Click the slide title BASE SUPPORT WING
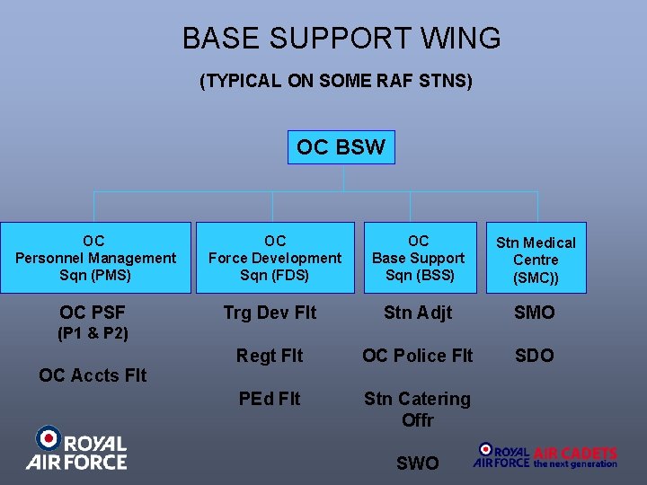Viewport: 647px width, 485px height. tap(341, 39)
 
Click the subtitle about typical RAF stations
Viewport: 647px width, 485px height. tap(335, 82)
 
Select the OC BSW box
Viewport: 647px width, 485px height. tap(341, 147)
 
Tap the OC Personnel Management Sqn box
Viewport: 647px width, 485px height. tap(95, 258)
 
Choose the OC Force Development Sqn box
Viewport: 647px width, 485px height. tap(275, 258)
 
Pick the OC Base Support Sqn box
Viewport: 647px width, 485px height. tap(419, 258)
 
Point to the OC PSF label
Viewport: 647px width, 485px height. tap(93, 313)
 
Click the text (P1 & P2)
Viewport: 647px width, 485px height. tap(93, 334)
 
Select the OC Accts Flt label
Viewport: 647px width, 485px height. tap(93, 375)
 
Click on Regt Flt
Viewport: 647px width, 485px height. tap(270, 356)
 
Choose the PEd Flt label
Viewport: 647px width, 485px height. tap(270, 398)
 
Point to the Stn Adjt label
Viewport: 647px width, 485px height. tap(418, 313)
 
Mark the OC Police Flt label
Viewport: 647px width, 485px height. tap(417, 356)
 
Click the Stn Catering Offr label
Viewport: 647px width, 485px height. tap(417, 409)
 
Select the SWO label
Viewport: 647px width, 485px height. tap(418, 463)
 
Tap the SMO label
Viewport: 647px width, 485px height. tap(535, 313)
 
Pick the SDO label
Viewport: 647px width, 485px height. tap(535, 356)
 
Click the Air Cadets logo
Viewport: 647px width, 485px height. tap(546, 455)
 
